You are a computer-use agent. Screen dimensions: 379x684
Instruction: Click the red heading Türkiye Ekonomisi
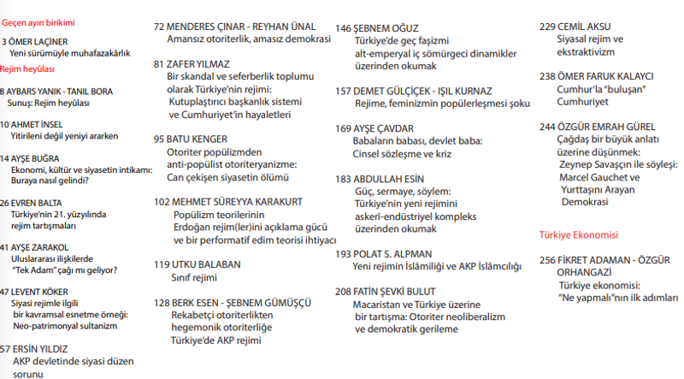pyautogui.click(x=578, y=234)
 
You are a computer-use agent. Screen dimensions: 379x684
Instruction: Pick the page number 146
pyautogui.click(x=343, y=27)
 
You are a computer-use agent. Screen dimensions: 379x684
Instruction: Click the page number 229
pyautogui.click(x=548, y=27)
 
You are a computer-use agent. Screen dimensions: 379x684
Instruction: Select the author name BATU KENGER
pyautogui.click(x=202, y=138)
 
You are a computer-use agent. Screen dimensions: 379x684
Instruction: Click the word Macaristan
pyautogui.click(x=382, y=304)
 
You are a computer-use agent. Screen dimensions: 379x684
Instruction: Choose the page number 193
pyautogui.click(x=343, y=254)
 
